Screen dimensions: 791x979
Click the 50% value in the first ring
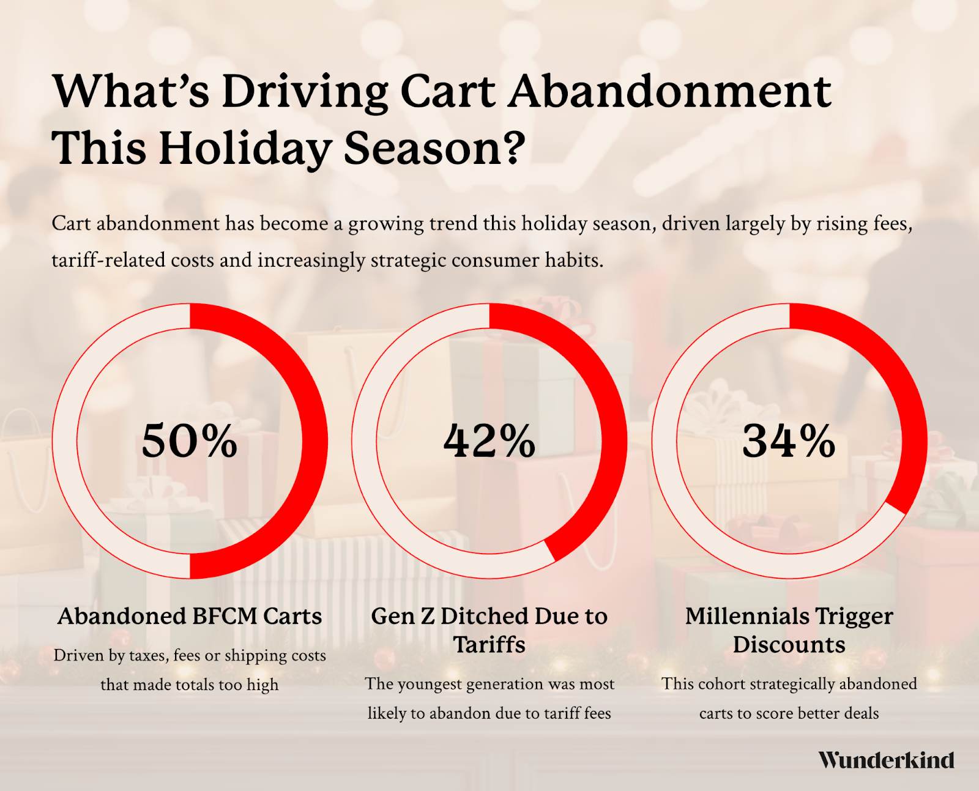point(189,440)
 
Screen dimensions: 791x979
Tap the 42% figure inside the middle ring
point(489,440)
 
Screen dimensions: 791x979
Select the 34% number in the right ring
point(789,440)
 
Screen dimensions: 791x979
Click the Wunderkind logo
point(886,760)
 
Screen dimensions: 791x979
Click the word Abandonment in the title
point(670,92)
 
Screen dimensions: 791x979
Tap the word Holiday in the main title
point(247,148)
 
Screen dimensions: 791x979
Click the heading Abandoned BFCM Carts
point(190,616)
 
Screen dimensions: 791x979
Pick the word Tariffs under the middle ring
point(489,645)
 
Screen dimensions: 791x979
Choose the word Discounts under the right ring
point(789,645)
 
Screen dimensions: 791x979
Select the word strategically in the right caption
point(783,684)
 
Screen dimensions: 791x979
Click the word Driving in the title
point(305,92)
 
